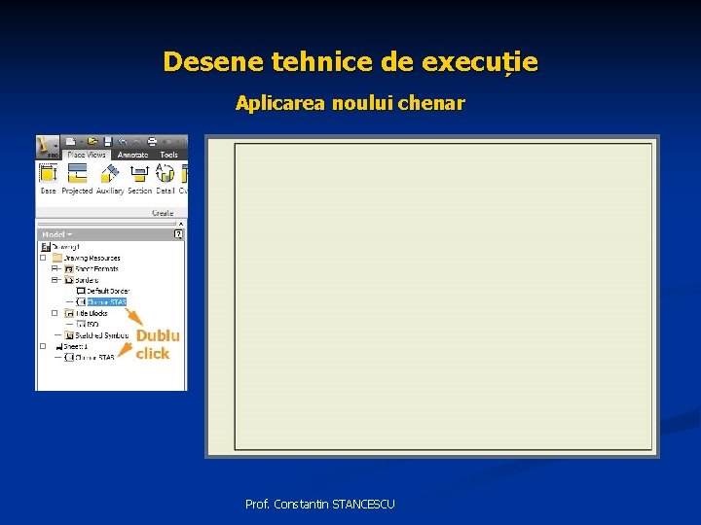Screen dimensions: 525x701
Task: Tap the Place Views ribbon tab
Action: click(86, 155)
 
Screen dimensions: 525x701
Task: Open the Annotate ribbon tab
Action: click(132, 155)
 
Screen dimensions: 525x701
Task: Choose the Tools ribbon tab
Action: click(169, 155)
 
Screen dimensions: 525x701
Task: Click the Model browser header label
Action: click(55, 234)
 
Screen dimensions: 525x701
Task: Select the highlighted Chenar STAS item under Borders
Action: click(106, 301)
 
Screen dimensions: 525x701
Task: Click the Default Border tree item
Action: click(107, 291)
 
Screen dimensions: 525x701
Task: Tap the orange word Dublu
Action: click(158, 335)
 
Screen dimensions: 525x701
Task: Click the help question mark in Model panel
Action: click(178, 234)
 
